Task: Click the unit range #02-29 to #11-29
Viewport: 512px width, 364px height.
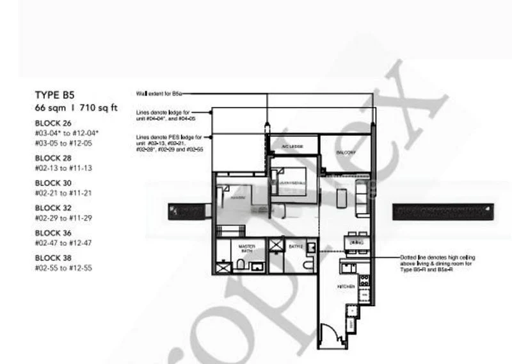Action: (x=64, y=218)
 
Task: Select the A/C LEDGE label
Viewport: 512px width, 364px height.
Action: (x=292, y=147)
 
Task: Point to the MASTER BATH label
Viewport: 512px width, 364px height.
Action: (x=247, y=248)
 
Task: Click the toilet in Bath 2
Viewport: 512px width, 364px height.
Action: (x=308, y=264)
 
